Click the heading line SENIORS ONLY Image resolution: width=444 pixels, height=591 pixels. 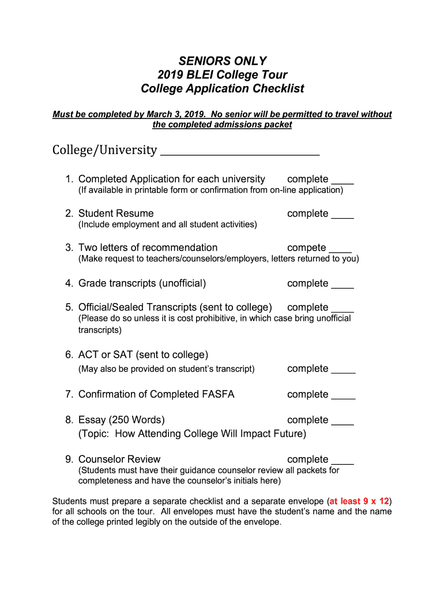click(x=222, y=61)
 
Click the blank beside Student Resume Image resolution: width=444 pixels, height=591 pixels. click(x=343, y=217)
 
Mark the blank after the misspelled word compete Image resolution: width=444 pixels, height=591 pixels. click(x=340, y=251)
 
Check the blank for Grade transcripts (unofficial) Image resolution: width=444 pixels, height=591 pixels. click(x=343, y=287)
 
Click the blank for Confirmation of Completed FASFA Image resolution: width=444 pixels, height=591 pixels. click(x=344, y=398)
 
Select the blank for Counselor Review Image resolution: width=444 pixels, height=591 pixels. click(x=343, y=463)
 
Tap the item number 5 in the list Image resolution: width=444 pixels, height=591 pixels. click(x=69, y=308)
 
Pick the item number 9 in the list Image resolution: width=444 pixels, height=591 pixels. click(x=69, y=459)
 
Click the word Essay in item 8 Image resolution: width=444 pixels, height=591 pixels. click(x=92, y=420)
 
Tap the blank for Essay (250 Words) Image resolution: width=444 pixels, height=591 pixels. click(x=343, y=424)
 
